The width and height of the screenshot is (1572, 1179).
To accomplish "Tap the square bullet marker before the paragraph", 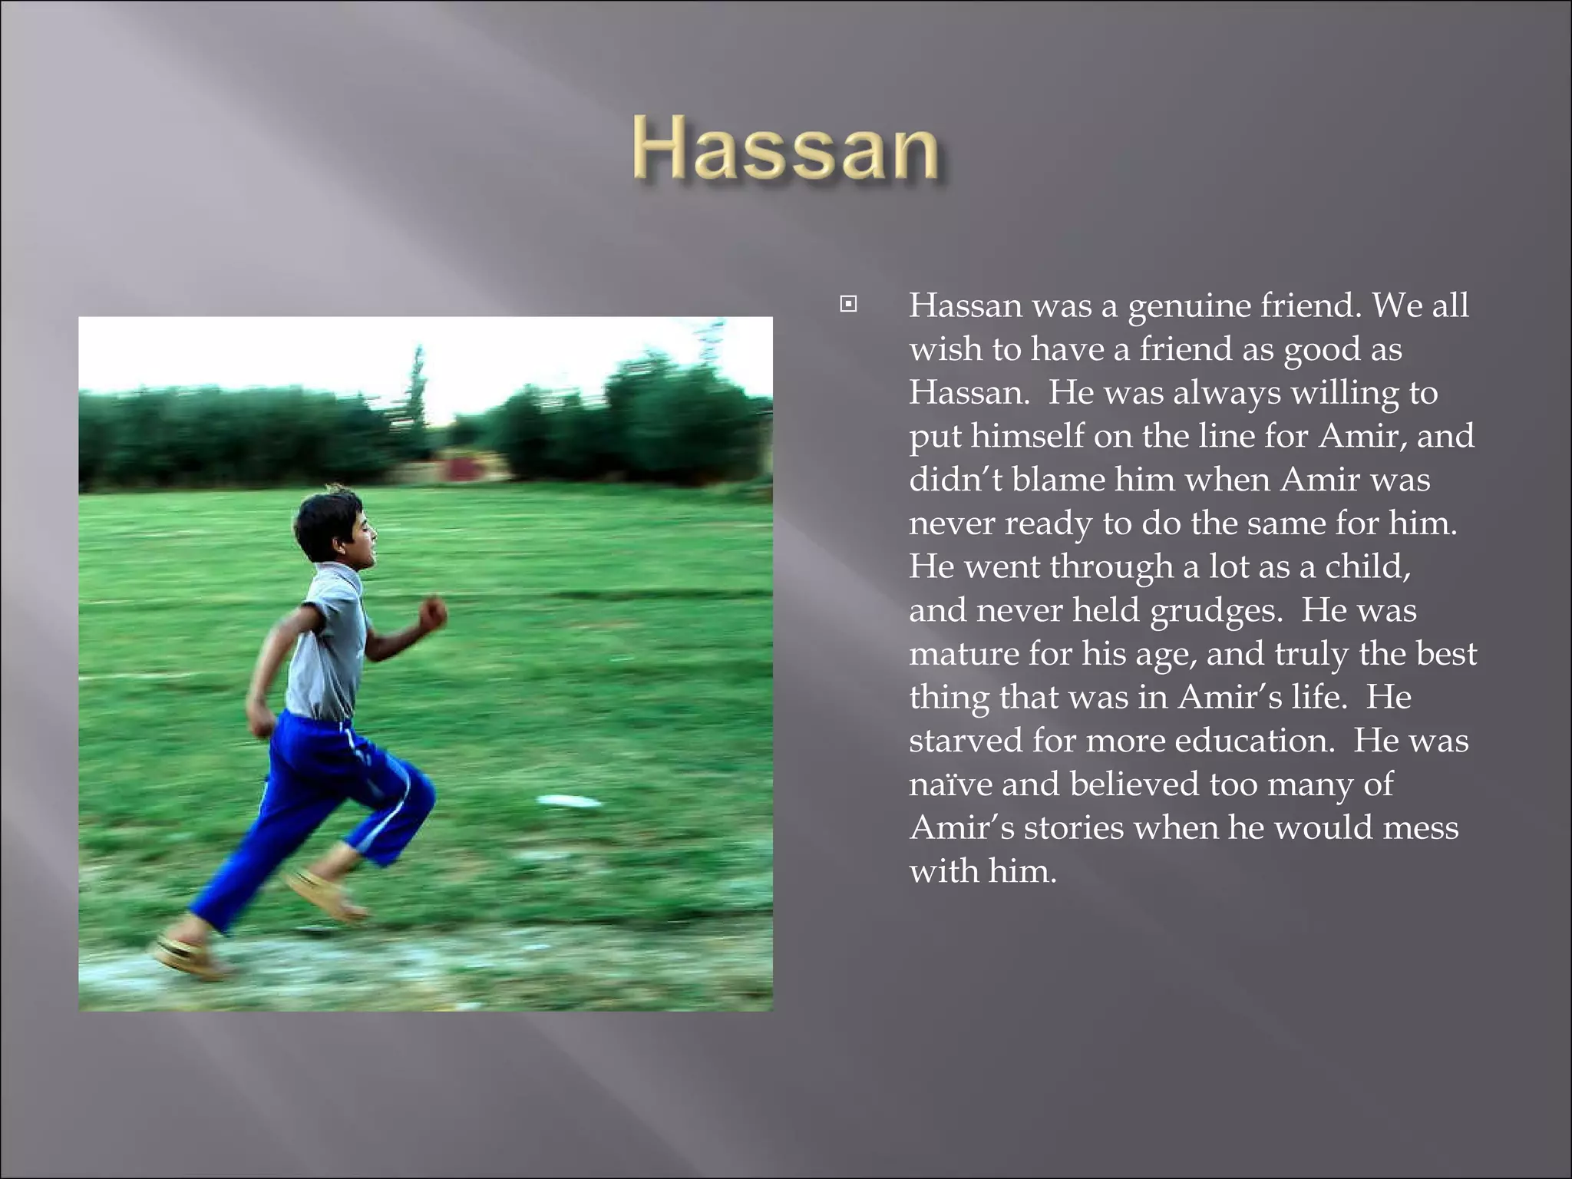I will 848,305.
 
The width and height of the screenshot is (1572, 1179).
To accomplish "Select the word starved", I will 965,741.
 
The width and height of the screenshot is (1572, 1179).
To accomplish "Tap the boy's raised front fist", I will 433,613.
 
